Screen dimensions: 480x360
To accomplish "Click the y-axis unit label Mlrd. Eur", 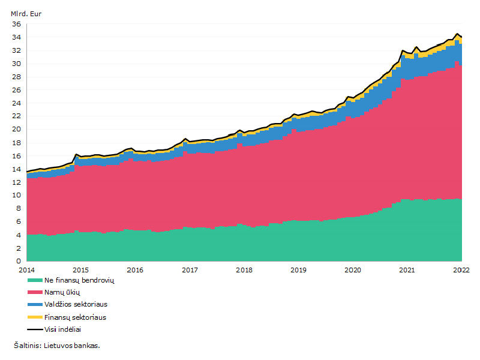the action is click(x=26, y=14).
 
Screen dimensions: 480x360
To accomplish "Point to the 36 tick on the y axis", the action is click(x=17, y=24).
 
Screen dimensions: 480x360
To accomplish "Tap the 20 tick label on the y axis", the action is click(x=17, y=129).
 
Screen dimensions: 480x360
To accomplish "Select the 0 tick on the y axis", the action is click(x=19, y=261).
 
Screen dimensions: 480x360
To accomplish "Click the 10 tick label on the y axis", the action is click(x=17, y=195).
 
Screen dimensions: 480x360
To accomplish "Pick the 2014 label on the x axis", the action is click(x=26, y=270).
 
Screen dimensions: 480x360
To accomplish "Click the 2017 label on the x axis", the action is click(x=190, y=270).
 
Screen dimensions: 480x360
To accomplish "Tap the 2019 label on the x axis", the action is click(x=298, y=270).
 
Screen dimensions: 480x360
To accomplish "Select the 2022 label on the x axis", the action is click(x=461, y=270).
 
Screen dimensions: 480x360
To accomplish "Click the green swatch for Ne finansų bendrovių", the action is click(x=35, y=280).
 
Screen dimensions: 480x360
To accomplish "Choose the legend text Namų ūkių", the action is click(x=62, y=292).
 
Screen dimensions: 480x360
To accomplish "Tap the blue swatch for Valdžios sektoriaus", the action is click(x=35, y=305).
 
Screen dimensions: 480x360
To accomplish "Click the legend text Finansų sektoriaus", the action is click(x=76, y=317).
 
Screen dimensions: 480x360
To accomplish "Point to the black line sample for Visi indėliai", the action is click(x=35, y=329).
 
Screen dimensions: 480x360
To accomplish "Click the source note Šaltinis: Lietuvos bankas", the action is click(x=57, y=346).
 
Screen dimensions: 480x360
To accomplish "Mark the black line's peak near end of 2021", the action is click(x=457, y=34).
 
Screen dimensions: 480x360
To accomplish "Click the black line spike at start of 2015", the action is click(x=76, y=154).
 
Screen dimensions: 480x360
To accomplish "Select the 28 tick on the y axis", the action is click(x=17, y=77).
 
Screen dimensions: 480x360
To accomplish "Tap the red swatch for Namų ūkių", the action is click(x=35, y=292).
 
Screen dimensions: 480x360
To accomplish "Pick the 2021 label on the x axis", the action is click(x=407, y=270).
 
